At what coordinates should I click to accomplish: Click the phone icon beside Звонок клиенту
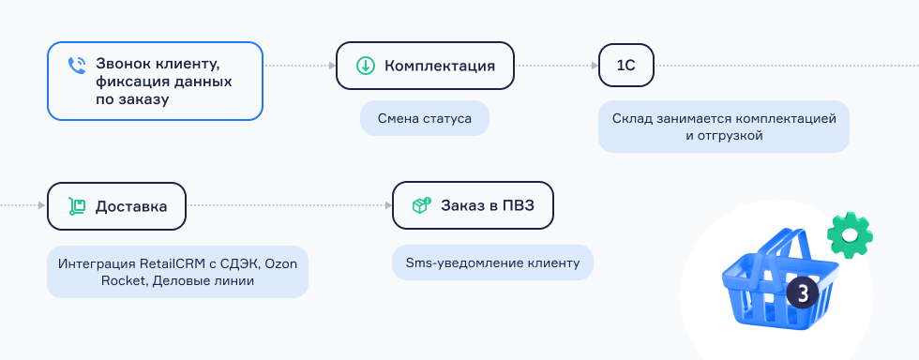[x=77, y=66]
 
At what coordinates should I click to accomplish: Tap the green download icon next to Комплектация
[x=365, y=66]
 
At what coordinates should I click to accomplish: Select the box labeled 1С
[x=625, y=66]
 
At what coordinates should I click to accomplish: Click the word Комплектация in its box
[x=439, y=66]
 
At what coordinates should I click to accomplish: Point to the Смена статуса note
[x=425, y=119]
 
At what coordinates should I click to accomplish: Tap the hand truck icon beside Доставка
[x=77, y=206]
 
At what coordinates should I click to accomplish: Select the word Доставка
[x=131, y=206]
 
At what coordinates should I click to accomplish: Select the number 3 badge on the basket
[x=802, y=293]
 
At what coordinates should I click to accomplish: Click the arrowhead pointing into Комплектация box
[x=332, y=66]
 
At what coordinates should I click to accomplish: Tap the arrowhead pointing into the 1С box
[x=595, y=66]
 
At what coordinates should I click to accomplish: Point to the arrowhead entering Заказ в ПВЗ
[x=388, y=206]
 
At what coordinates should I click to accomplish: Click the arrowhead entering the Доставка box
[x=43, y=206]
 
